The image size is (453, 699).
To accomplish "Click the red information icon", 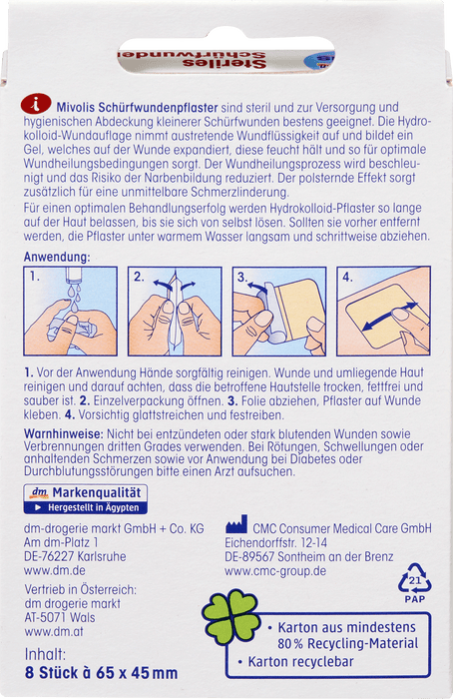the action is click(36, 104).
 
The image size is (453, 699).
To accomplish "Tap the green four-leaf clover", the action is click(231, 616).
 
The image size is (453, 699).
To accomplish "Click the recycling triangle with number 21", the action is click(415, 578).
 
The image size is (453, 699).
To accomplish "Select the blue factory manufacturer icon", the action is click(236, 524).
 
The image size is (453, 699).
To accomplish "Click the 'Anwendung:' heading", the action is click(57, 257).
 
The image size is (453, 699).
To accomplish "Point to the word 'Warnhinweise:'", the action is click(64, 433).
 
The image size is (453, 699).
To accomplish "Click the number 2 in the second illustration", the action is click(139, 278).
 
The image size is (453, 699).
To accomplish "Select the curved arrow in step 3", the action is click(257, 287).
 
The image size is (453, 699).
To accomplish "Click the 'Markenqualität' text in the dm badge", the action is click(97, 492).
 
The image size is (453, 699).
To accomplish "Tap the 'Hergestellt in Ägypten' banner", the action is click(86, 507).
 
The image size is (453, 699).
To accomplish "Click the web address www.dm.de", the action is click(54, 570).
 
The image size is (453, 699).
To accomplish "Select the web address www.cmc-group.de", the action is click(275, 571).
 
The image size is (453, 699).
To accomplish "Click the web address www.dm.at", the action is click(54, 631).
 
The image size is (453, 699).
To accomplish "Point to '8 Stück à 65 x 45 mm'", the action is click(101, 673).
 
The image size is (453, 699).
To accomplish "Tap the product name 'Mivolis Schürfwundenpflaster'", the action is click(137, 108).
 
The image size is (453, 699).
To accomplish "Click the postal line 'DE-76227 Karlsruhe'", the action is click(75, 556).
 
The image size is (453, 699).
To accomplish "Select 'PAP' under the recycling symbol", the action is click(415, 599).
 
